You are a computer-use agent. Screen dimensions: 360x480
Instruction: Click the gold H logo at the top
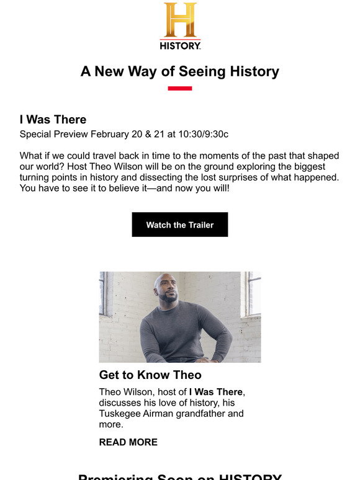point(180,20)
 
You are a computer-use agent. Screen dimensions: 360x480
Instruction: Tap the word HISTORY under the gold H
point(180,45)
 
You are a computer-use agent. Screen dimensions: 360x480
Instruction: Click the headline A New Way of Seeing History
point(180,71)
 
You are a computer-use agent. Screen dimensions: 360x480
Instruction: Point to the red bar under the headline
point(180,89)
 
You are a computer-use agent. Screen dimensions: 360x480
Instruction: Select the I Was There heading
point(53,120)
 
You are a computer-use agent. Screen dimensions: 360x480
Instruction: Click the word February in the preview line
point(114,135)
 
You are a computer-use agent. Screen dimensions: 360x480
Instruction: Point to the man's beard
point(168,299)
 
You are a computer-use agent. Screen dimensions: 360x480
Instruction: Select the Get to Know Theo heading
point(150,375)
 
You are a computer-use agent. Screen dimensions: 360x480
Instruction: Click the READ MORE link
point(128,442)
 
